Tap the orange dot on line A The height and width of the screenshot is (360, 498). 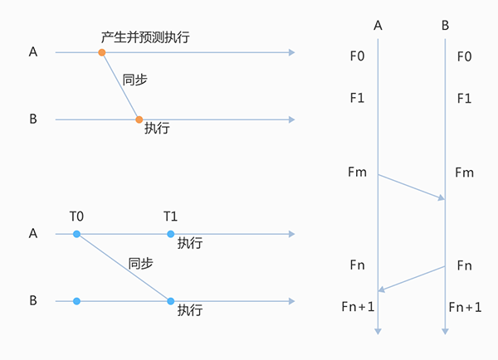tap(102, 53)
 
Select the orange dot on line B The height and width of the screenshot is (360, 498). tap(139, 119)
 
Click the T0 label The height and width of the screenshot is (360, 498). tap(76, 216)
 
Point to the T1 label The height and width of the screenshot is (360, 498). tap(171, 216)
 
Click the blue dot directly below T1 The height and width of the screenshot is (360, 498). tap(171, 235)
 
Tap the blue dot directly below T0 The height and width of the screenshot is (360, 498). tap(76, 235)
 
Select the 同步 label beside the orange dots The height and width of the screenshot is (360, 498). tap(135, 80)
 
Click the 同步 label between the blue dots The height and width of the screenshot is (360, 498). tap(141, 264)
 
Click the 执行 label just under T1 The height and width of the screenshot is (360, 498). tap(190, 244)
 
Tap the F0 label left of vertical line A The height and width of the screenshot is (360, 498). tap(358, 56)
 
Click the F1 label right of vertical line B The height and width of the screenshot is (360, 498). tap(464, 98)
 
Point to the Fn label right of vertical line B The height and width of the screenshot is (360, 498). tap(465, 265)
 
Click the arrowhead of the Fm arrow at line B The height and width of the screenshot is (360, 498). tap(442, 197)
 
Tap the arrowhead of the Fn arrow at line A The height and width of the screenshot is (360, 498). tap(382, 289)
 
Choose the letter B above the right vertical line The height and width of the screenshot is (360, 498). tap(445, 26)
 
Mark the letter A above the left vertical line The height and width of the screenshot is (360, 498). tap(378, 26)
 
